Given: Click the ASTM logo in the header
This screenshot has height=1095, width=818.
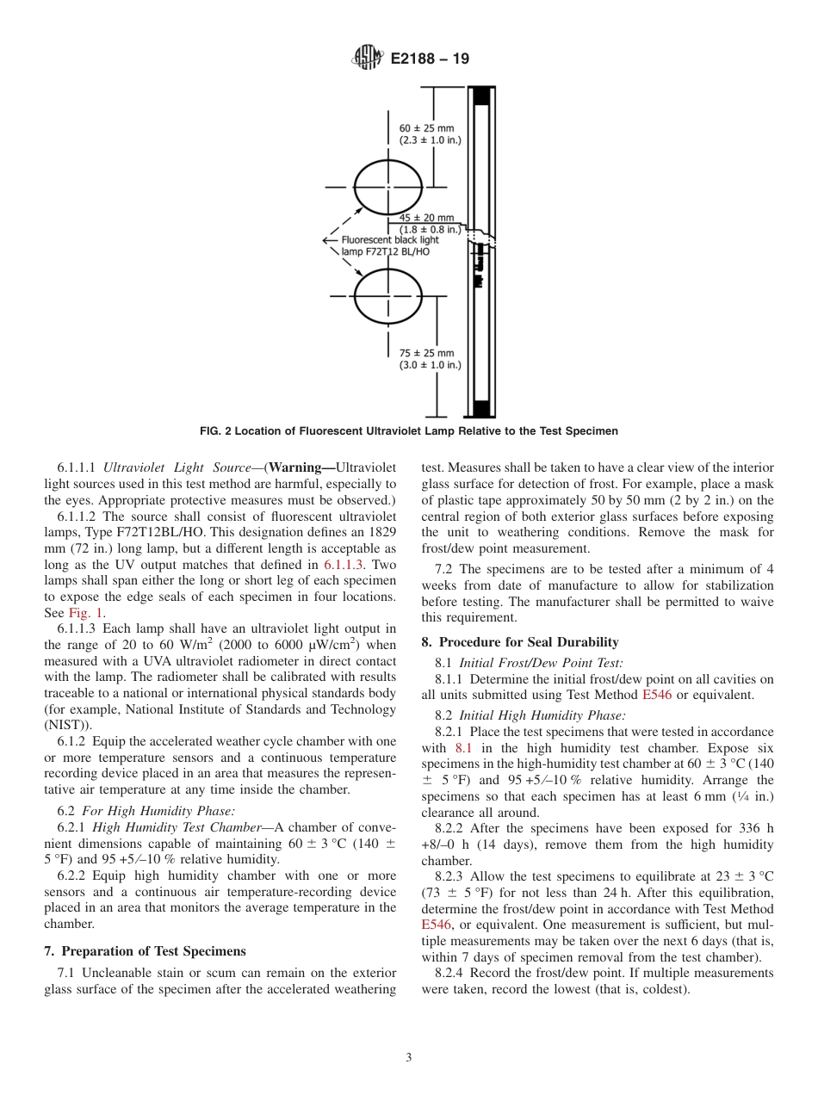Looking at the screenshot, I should coord(368,59).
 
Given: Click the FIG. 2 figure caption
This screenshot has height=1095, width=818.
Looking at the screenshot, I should coord(408,431).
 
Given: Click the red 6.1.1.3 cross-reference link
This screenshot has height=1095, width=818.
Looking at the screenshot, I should coord(344,565).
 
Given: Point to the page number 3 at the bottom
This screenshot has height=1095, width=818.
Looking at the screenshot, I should coord(408,1057).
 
